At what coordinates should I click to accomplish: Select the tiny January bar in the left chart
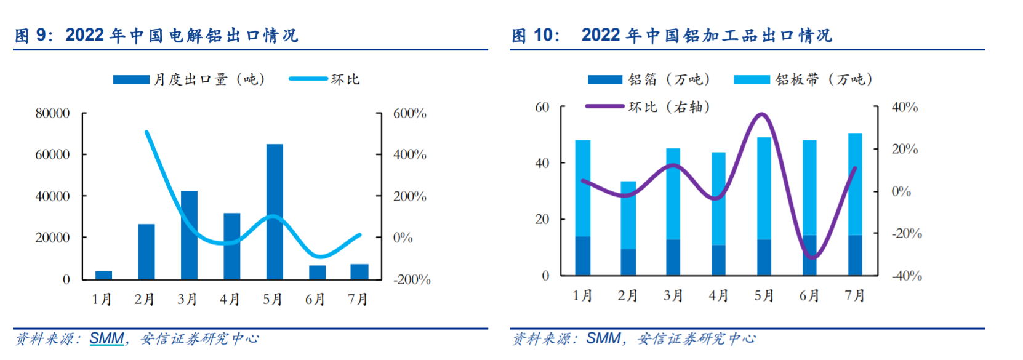103,275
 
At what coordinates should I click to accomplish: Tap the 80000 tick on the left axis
52,113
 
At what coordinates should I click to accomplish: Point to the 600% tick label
410,113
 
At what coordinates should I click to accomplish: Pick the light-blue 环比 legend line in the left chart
308,79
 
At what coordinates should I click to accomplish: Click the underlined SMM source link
107,338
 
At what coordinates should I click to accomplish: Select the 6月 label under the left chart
315,300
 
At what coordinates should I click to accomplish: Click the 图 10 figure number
535,35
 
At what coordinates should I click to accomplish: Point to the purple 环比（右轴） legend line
604,106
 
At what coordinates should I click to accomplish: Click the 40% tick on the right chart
905,107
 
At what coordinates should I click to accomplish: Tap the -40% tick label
907,276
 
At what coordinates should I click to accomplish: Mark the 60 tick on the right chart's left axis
542,107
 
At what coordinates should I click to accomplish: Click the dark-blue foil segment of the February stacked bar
628,262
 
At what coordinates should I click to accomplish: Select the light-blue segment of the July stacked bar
855,185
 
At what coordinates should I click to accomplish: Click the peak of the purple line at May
762,114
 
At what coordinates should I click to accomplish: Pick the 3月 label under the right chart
673,296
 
